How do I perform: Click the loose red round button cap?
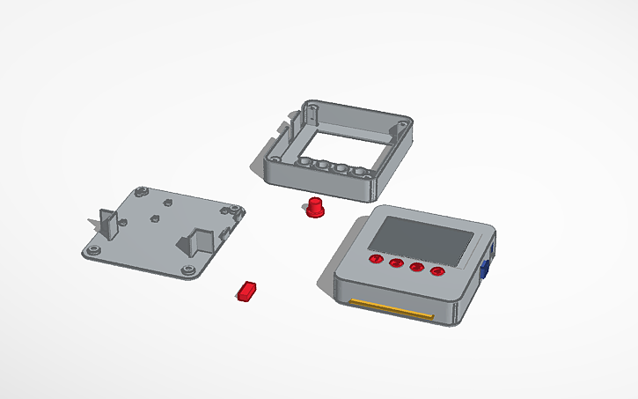(313, 209)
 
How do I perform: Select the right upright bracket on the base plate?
(201, 240)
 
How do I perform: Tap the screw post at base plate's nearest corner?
(188, 269)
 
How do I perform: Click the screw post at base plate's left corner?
(92, 251)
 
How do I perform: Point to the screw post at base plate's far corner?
(141, 189)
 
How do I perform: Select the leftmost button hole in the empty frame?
(304, 163)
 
